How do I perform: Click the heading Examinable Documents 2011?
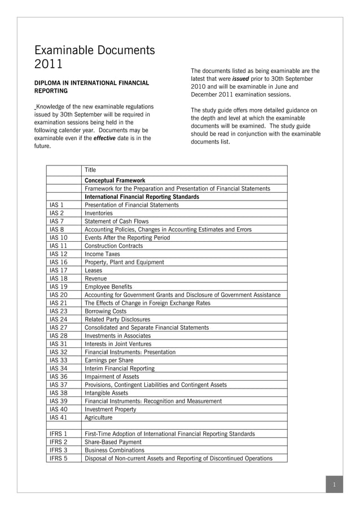tap(94, 58)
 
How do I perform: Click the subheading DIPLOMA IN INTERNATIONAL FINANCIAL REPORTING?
tap(92, 86)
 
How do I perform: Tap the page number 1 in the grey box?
tap(334, 485)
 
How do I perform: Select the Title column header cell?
tap(90, 170)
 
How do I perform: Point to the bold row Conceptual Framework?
tap(115, 181)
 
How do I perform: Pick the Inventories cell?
tap(99, 213)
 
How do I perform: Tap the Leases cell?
tap(94, 271)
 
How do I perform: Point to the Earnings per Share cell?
tap(109, 360)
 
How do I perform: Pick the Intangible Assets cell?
tap(106, 393)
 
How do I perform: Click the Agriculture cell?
tap(98, 417)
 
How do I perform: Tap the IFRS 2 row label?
tap(59, 442)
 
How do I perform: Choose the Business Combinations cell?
tap(115, 451)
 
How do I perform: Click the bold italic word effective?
tap(105, 138)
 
